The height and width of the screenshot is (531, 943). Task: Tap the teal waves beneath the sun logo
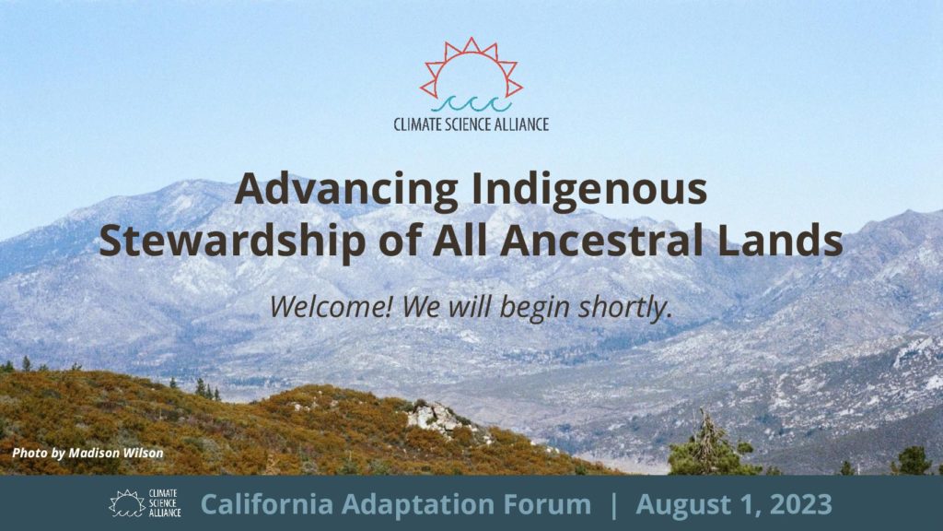[471, 104]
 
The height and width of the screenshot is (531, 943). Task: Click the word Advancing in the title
[346, 190]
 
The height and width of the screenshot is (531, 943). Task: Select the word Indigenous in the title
[589, 190]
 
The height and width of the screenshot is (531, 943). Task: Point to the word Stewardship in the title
[232, 240]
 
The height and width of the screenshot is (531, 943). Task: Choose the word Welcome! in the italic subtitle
[331, 306]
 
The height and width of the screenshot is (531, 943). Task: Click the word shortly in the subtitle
[623, 308]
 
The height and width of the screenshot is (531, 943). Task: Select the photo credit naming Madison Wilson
[87, 453]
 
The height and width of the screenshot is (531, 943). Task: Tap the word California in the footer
[267, 504]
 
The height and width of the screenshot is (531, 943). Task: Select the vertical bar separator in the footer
[613, 504]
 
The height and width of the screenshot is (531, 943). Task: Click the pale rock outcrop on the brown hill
[436, 418]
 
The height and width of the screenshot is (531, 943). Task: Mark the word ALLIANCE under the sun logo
[522, 124]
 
